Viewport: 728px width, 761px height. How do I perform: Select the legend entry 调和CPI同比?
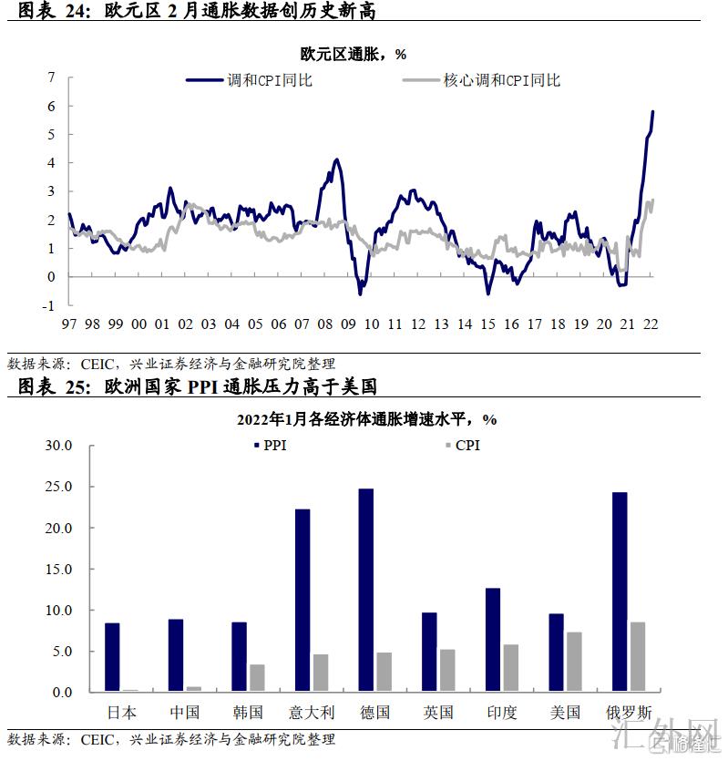click(270, 80)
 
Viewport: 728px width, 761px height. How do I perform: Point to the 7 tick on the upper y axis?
click(51, 77)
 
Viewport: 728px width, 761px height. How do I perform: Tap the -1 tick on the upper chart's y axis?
click(49, 305)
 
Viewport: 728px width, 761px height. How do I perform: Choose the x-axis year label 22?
click(651, 324)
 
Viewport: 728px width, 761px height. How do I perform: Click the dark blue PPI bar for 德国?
click(365, 590)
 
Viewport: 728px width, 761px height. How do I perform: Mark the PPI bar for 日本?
click(112, 657)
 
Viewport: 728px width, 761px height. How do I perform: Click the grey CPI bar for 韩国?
click(257, 678)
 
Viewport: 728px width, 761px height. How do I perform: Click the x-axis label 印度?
click(501, 712)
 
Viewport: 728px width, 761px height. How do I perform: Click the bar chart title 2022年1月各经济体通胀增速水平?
click(365, 420)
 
